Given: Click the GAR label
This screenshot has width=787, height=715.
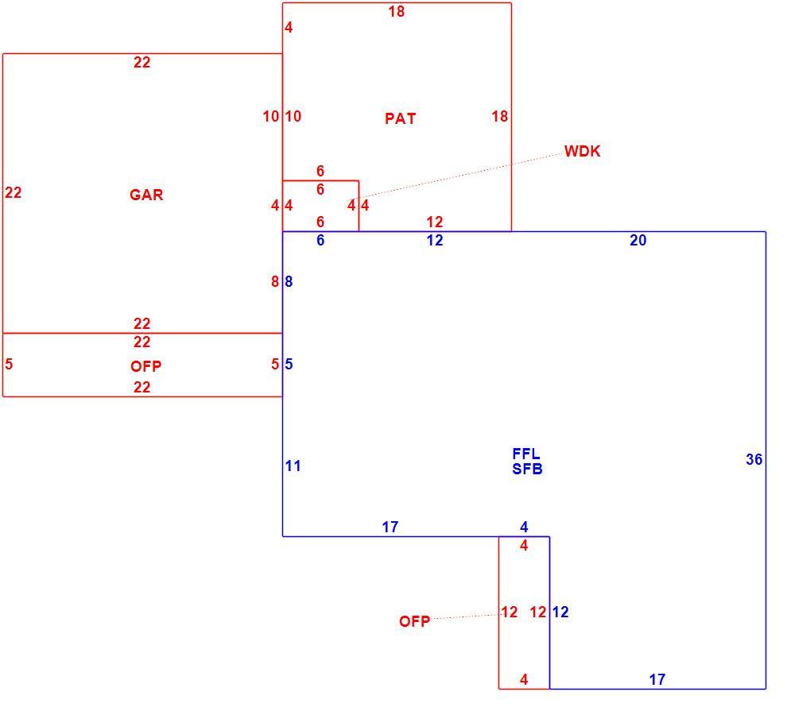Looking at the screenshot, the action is point(146,195).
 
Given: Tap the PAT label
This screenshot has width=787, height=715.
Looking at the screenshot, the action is point(400,118).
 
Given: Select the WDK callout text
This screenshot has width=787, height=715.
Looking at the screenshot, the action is point(582,151).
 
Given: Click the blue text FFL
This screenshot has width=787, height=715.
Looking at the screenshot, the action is point(526,454).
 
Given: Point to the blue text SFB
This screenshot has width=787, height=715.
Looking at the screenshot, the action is point(527,469).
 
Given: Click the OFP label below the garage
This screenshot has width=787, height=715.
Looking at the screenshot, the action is point(146,366).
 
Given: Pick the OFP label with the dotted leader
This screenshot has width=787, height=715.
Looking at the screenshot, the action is point(415,621).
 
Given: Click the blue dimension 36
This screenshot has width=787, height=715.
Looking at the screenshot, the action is point(754,459).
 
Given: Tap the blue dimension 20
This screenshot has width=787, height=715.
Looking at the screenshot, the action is point(638,241).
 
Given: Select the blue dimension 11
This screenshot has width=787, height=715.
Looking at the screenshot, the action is point(293,466).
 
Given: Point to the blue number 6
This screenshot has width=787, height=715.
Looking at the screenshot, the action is point(320,241).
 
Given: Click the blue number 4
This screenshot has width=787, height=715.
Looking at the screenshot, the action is point(524,527).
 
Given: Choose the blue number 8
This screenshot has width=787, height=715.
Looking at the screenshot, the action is point(289,281).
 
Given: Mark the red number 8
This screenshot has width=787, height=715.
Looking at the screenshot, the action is point(274,281).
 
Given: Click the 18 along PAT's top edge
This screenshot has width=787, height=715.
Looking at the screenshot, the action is point(397,12).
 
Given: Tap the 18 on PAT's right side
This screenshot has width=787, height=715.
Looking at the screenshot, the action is point(500,117).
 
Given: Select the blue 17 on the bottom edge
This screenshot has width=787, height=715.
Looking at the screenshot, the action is point(657,679).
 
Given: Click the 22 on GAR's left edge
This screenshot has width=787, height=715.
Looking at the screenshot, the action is point(13,193).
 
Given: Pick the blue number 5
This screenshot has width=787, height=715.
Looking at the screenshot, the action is point(289,364).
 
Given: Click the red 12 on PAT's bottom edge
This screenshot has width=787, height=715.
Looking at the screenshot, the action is point(435,222).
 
